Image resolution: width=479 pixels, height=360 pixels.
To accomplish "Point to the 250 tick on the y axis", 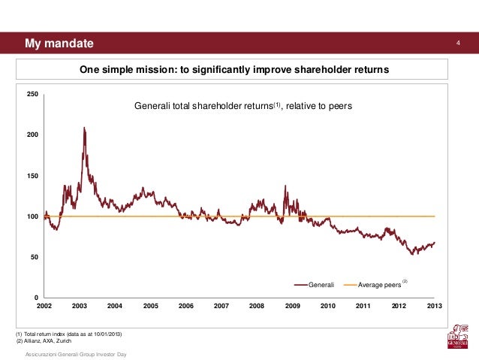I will point(33,95).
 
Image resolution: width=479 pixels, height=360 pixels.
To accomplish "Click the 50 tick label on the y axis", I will point(35,258).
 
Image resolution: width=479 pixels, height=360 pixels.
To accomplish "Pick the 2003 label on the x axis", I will point(80,307).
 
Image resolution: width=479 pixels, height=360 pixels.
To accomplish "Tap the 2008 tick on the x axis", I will point(257,307).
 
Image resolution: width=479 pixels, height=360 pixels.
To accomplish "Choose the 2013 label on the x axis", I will point(434,307).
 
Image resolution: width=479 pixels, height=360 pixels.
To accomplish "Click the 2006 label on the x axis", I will point(186,307).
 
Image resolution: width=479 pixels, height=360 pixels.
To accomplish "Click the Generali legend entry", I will point(315,285).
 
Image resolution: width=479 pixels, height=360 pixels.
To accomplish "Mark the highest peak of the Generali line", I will point(83,129).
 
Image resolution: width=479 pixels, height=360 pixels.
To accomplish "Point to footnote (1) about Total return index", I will point(68,333).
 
